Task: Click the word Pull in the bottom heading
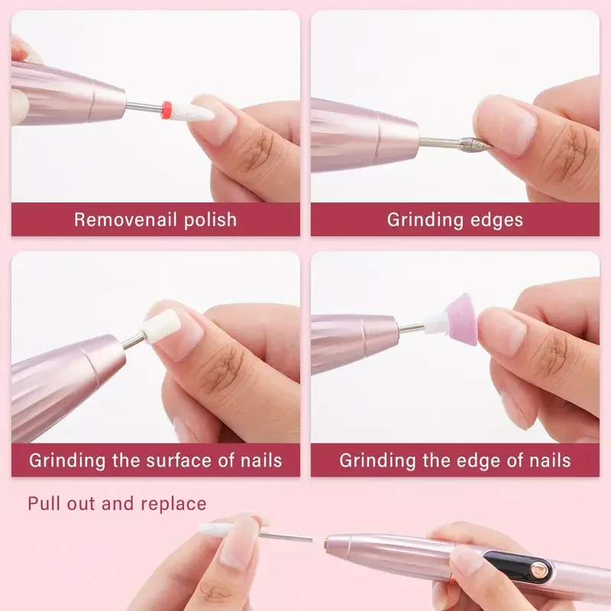click(x=44, y=504)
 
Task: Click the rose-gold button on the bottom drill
click(x=541, y=568)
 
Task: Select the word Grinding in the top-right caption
click(x=421, y=220)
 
